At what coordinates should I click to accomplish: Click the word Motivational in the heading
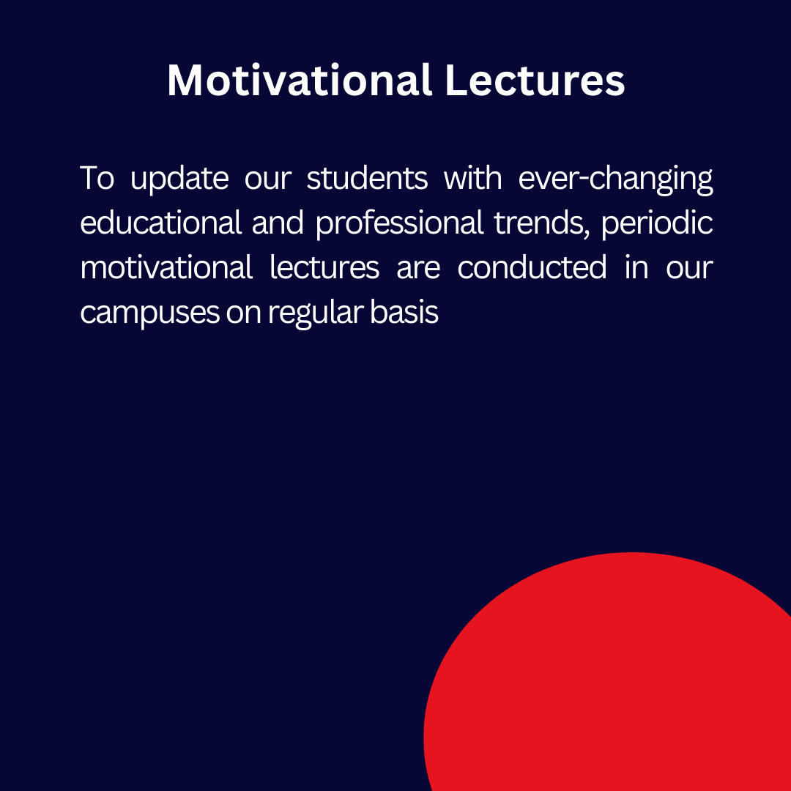[x=300, y=81]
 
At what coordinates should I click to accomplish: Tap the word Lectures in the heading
[x=535, y=81]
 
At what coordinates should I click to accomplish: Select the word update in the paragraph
[x=179, y=179]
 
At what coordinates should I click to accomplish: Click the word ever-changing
[x=615, y=179]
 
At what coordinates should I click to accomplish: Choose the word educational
[x=161, y=223]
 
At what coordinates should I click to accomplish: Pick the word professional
[x=400, y=224]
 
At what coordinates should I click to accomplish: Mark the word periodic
[x=657, y=224]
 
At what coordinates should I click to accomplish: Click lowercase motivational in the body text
[x=166, y=267]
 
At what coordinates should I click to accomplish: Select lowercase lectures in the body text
[x=324, y=267]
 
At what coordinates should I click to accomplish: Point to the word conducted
[x=532, y=267]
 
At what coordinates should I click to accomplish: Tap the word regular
[x=315, y=313]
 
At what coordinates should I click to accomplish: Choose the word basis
[x=404, y=312]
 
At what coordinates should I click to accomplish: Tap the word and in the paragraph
[x=278, y=223]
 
